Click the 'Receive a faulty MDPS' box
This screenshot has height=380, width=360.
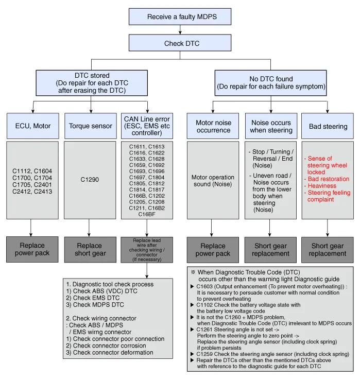click(x=182, y=17)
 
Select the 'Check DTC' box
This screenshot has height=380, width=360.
click(x=182, y=44)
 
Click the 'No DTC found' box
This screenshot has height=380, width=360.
click(x=270, y=83)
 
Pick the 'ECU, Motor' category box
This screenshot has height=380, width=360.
click(x=33, y=126)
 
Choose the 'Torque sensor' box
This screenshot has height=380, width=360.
click(x=91, y=126)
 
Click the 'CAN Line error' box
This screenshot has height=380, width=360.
click(x=147, y=126)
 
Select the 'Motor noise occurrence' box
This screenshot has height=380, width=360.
click(x=213, y=126)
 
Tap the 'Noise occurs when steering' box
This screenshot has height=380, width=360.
click(x=271, y=126)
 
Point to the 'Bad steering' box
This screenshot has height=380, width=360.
click(x=328, y=126)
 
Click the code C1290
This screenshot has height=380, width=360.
click(x=91, y=180)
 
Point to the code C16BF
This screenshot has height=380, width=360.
click(x=147, y=214)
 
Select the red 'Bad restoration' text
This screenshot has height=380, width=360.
click(x=328, y=179)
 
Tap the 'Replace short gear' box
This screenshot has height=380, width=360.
click(x=91, y=249)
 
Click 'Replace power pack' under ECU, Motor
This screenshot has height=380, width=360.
click(x=33, y=249)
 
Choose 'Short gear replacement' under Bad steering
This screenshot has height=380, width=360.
click(x=328, y=249)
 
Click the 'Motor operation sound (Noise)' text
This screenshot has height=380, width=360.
click(x=213, y=180)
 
